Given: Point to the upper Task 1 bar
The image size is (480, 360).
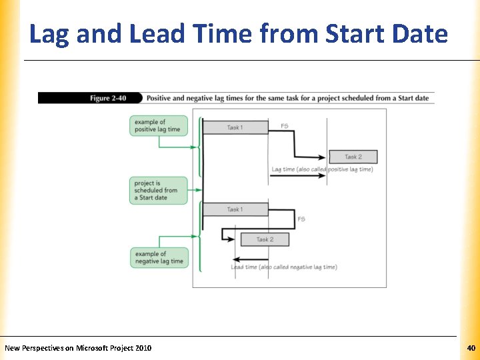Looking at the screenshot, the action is [x=235, y=127].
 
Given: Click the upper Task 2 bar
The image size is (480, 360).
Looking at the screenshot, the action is [x=353, y=157].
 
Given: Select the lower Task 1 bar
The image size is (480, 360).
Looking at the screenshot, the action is [x=234, y=209].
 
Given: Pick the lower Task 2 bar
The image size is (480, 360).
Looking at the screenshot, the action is [x=264, y=239].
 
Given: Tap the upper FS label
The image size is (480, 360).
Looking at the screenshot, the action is [x=285, y=126].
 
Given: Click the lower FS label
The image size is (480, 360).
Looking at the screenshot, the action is [x=301, y=219].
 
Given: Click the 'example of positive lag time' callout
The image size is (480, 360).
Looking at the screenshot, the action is [x=158, y=125].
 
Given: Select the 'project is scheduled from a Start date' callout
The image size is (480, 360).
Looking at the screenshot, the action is [x=158, y=190].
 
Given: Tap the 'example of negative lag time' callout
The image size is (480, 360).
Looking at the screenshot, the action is [x=159, y=257].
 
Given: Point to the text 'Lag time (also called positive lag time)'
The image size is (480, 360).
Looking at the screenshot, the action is [x=322, y=169].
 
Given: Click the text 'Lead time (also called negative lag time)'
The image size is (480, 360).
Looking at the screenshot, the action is [x=284, y=267].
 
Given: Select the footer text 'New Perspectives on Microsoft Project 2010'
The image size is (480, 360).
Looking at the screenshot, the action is [x=78, y=348].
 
